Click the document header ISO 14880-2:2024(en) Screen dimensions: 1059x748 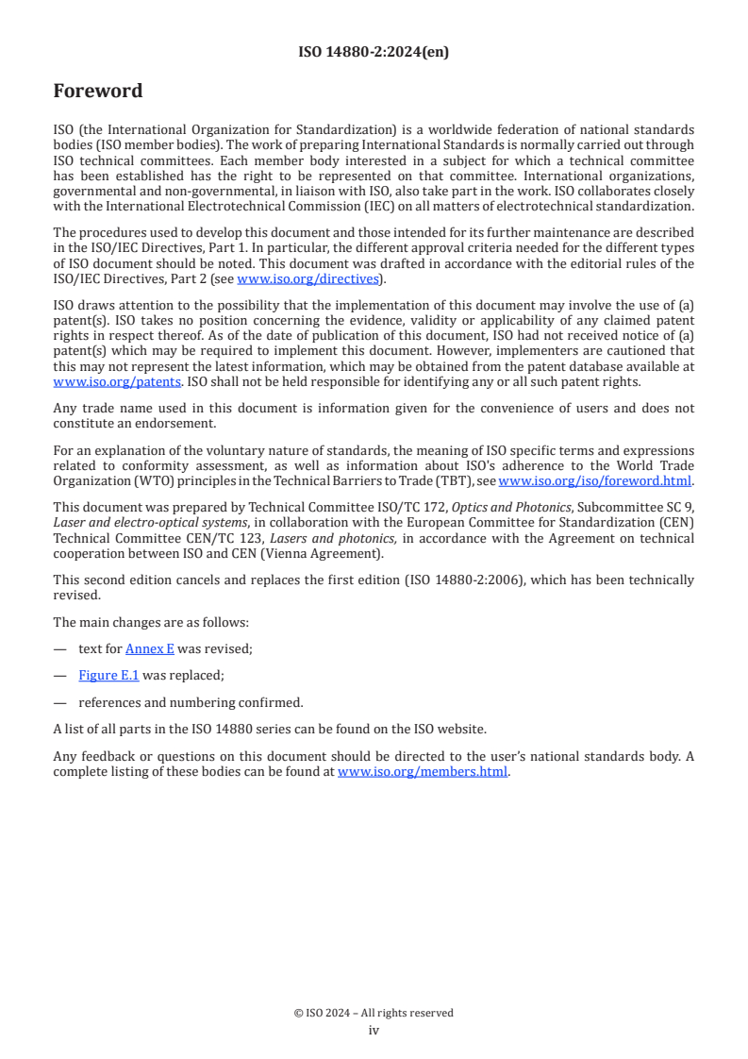[374, 53]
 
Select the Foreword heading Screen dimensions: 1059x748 [98, 92]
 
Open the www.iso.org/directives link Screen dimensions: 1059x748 [307, 278]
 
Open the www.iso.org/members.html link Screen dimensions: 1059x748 [423, 771]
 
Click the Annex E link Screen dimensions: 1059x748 [149, 649]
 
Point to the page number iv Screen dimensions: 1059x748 [374, 1031]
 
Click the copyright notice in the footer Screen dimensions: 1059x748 [374, 1013]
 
